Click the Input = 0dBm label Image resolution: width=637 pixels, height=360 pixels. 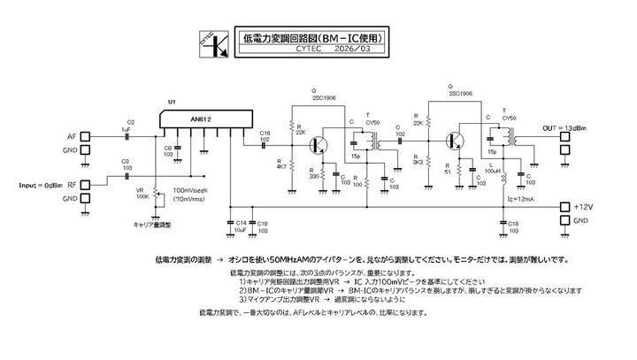click(x=40, y=185)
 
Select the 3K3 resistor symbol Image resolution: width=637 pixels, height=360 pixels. click(x=428, y=160)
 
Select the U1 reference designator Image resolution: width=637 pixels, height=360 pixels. click(x=172, y=103)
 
